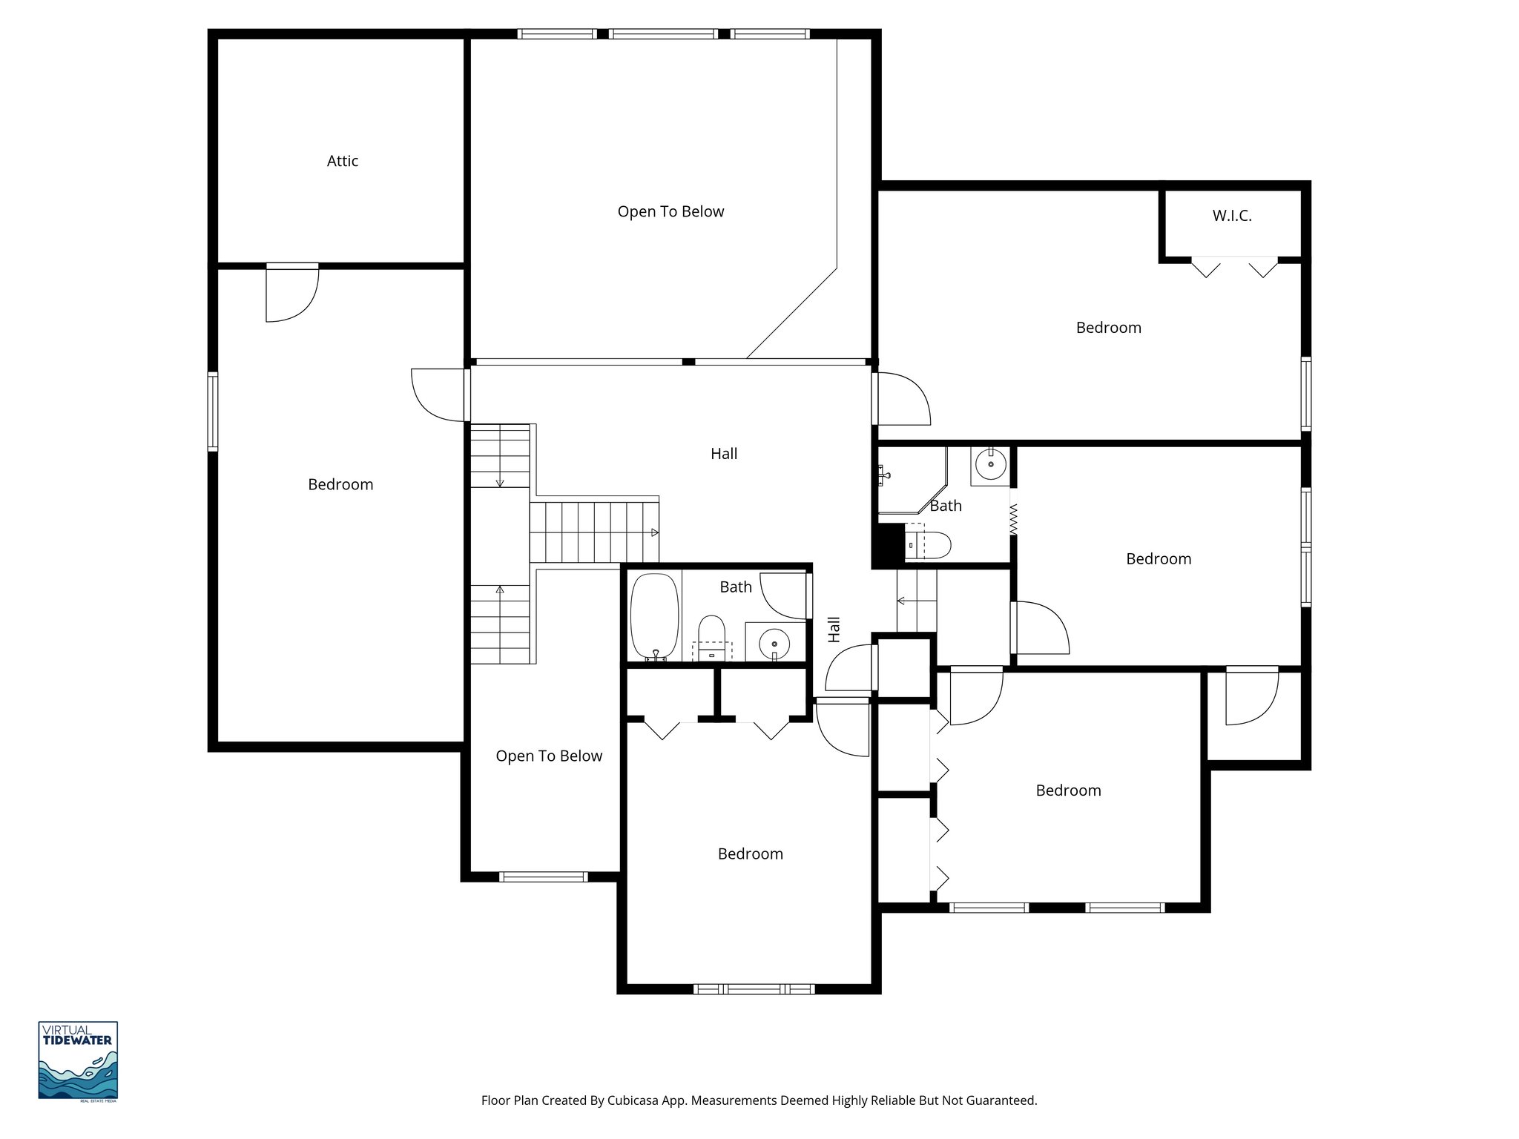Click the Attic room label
pos(343,161)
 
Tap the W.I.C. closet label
pos(1232,216)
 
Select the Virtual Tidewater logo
pos(78,1060)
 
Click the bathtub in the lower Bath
pos(654,615)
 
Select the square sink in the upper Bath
pos(990,465)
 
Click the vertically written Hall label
pos(834,629)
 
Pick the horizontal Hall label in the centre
pos(724,454)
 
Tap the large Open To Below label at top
pos(670,212)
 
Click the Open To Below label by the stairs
pos(549,756)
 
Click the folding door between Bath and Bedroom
pos(1012,520)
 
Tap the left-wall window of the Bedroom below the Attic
pos(213,412)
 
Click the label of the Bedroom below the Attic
pos(340,485)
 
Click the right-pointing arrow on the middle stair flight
pos(654,532)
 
